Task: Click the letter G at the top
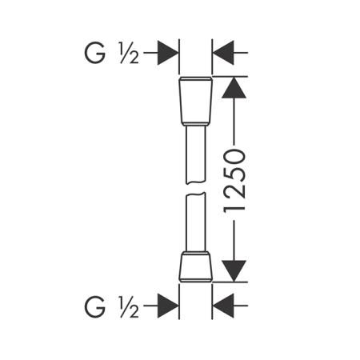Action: tap(94, 54)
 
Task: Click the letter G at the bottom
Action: tap(94, 307)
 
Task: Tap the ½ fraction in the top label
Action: tap(130, 54)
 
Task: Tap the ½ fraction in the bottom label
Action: tap(130, 307)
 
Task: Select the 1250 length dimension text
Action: tap(234, 180)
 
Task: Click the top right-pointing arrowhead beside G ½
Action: tap(168, 53)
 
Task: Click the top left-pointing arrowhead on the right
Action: tap(223, 53)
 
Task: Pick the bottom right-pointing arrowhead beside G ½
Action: tap(168, 306)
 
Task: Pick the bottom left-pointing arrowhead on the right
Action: tap(223, 306)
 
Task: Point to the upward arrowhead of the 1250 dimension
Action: tap(234, 88)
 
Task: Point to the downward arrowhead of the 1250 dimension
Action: tap(234, 271)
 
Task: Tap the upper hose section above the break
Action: tap(196, 154)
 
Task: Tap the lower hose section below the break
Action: tap(196, 222)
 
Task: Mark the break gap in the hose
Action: tap(196, 188)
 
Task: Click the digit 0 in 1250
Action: tap(234, 157)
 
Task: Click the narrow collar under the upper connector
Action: tap(196, 124)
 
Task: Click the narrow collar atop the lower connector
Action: tap(196, 253)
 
